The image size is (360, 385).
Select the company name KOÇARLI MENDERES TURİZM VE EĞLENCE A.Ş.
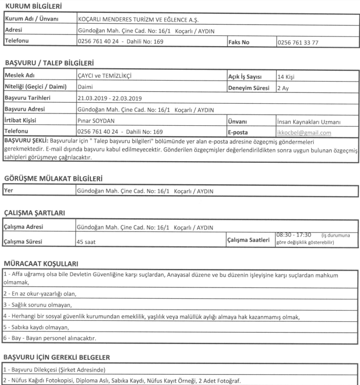(x=138, y=20)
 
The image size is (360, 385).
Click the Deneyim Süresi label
(x=249, y=88)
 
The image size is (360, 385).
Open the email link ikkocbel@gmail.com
(x=304, y=132)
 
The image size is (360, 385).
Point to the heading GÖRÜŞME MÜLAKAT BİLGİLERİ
(x=53, y=179)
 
